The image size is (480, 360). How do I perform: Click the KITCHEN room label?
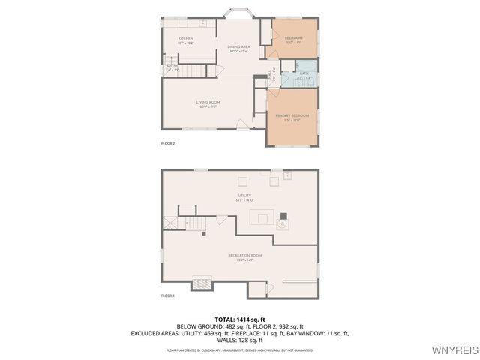[185, 38]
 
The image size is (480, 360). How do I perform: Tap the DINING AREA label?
[238, 47]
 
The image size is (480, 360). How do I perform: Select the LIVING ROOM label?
[208, 102]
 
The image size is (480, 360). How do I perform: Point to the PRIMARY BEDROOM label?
[292, 116]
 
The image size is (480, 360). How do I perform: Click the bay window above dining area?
[240, 13]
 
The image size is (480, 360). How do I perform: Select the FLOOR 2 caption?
[168, 142]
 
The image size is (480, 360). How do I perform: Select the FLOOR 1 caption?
[168, 296]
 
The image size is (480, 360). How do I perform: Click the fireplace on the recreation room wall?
[202, 283]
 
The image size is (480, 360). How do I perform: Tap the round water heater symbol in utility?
[283, 223]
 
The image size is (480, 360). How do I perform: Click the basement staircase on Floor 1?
[195, 223]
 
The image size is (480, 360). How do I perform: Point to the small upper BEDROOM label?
[293, 38]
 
